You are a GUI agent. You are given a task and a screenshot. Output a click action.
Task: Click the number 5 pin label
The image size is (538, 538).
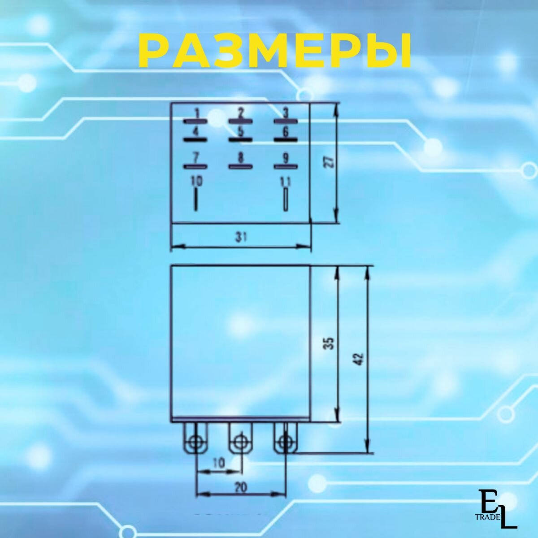tap(240, 131)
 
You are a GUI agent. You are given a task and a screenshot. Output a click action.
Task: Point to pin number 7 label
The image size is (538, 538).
tap(195, 158)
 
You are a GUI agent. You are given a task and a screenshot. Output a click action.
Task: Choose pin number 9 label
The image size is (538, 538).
tap(286, 158)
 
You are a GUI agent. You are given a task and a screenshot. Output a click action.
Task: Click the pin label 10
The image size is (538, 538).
tap(196, 181)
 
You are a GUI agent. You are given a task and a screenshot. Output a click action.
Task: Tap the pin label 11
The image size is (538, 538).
tap(286, 181)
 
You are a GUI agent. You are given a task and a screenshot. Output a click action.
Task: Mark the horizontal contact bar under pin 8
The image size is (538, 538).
tap(241, 167)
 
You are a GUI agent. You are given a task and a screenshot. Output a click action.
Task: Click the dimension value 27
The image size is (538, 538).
tap(330, 162)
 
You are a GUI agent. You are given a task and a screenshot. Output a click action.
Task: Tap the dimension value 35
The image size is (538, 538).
tap(330, 344)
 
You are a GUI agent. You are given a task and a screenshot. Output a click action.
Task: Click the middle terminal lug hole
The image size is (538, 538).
tap(241, 443)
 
